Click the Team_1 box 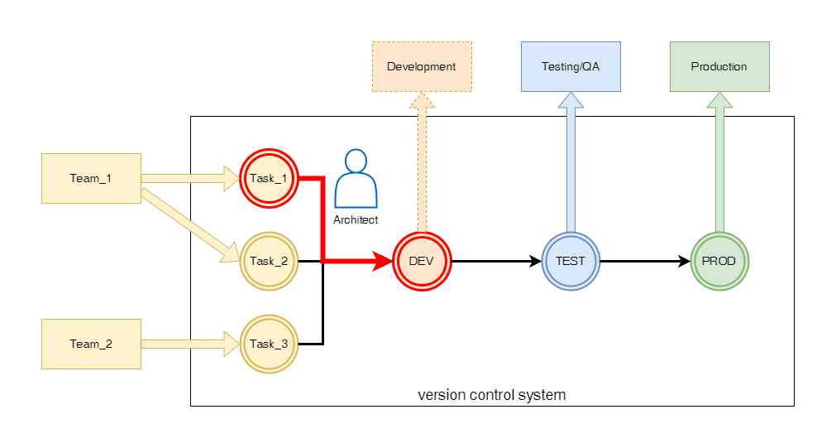tap(91, 178)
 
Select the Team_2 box tap(91, 344)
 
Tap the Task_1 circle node tap(268, 177)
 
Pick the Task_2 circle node tap(268, 261)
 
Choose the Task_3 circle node tap(268, 344)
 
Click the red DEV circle tap(422, 261)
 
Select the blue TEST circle tap(571, 261)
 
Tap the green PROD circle tap(719, 261)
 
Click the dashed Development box tap(422, 66)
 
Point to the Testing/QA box tap(571, 66)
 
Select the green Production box tap(719, 66)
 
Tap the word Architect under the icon tap(356, 219)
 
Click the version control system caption tap(492, 394)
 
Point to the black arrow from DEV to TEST tap(495, 261)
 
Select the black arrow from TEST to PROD tap(645, 261)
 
